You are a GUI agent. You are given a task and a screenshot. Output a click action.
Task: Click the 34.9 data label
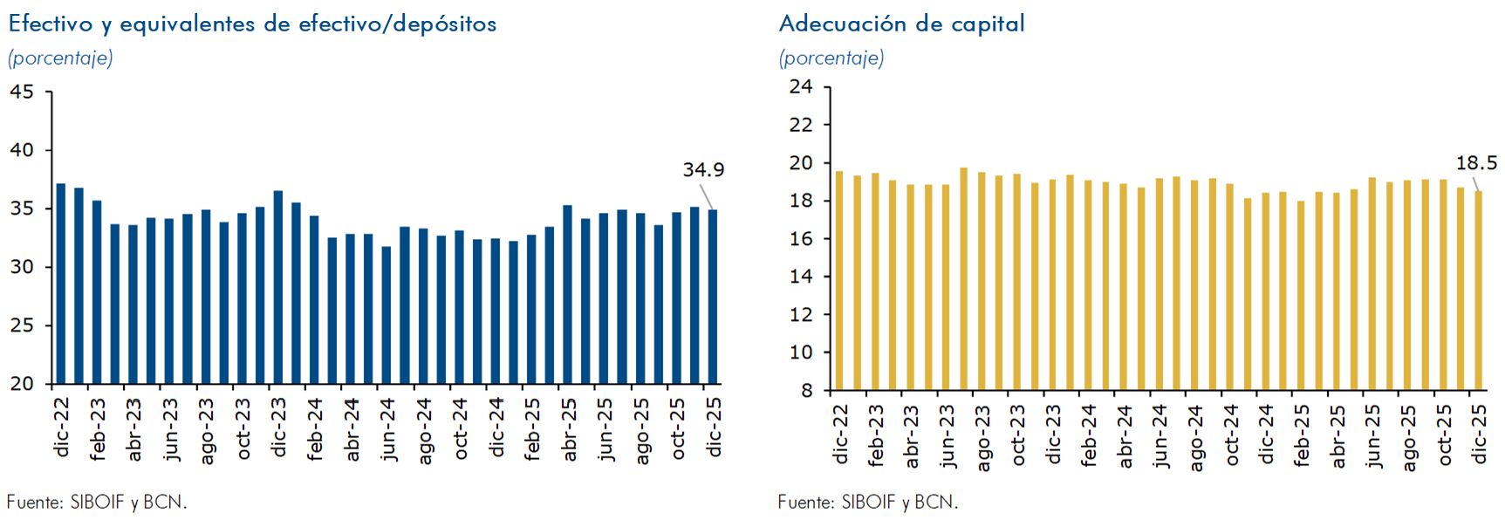pos(702,169)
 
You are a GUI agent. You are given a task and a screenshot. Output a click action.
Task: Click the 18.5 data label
pos(1475,163)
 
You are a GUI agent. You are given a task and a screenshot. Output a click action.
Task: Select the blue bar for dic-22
pos(61,284)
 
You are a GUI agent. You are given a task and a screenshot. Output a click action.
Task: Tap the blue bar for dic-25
pos(713,297)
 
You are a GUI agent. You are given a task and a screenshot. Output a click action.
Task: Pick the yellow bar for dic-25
pos(1479,290)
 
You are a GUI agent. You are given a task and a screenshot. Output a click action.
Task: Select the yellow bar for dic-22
pos(839,280)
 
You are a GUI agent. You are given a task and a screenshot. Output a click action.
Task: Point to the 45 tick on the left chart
pos(22,92)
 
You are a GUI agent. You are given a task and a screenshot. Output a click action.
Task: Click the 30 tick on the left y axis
pos(22,267)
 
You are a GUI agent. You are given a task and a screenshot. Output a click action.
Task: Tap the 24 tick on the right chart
pos(800,86)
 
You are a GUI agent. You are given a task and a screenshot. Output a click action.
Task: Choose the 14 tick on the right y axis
pos(800,277)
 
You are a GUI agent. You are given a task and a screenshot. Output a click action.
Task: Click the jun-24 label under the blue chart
pos(388,428)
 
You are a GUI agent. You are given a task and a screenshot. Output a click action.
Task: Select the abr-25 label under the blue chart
pos(569,428)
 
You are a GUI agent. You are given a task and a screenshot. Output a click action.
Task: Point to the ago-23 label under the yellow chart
pos(983,437)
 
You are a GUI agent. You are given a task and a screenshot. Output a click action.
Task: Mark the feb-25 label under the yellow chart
pos(1302,435)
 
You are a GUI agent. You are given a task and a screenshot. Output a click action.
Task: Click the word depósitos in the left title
pos(444,24)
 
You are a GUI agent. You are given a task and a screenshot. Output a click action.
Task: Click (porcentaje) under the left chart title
pos(60,58)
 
